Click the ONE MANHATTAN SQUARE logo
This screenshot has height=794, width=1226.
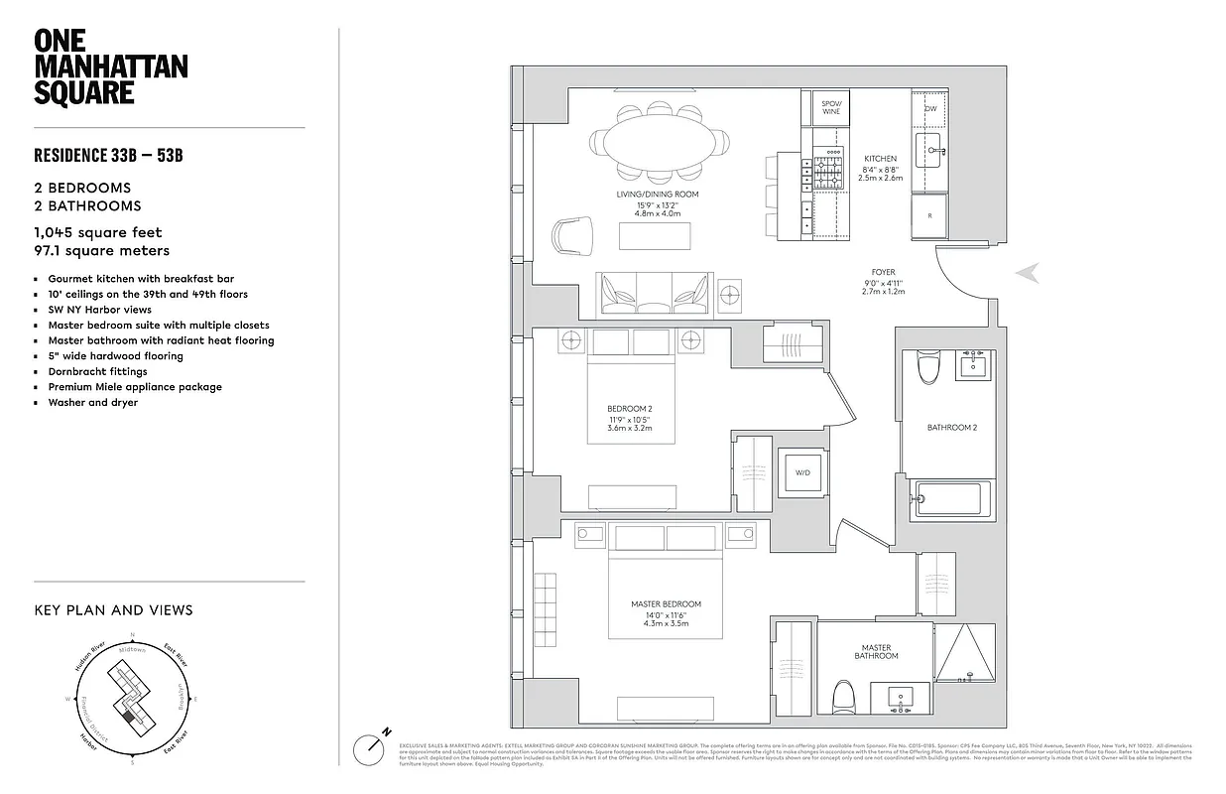click(x=110, y=66)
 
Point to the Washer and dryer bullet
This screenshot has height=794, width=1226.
click(x=92, y=402)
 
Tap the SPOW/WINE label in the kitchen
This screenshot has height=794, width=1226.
click(x=831, y=107)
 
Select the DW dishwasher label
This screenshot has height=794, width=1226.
click(x=930, y=108)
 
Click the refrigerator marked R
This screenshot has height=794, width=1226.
click(x=929, y=214)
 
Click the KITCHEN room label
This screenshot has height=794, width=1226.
click(x=880, y=159)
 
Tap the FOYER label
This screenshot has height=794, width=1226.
click(x=883, y=272)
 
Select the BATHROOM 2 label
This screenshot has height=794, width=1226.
click(x=951, y=428)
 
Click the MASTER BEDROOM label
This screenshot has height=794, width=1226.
click(x=666, y=603)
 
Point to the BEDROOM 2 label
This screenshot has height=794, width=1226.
click(x=629, y=409)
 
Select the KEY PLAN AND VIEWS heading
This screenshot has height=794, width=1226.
click(x=113, y=610)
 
